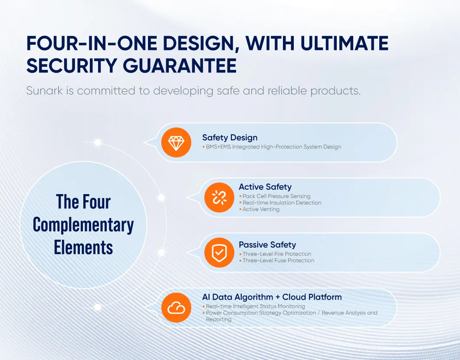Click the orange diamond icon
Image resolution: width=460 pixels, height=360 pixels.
(176, 142)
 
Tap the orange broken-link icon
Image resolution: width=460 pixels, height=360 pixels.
(219, 198)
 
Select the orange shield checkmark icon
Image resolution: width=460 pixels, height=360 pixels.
(219, 252)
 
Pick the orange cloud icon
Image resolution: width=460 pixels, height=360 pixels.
(176, 307)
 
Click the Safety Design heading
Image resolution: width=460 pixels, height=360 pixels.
(230, 138)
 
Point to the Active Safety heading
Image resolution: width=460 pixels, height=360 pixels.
(265, 187)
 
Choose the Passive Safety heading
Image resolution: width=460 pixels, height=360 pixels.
(267, 245)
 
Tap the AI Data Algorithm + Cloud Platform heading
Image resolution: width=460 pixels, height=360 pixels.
(272, 297)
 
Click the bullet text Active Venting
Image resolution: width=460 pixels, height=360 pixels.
(261, 209)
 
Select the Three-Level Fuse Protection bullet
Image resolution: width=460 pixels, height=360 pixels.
(278, 261)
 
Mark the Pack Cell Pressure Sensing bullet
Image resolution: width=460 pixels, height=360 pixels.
(276, 196)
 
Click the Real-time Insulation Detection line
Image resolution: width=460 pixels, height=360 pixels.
(282, 203)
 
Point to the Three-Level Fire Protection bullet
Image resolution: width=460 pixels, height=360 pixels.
(277, 254)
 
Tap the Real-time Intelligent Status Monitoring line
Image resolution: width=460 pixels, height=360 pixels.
(255, 306)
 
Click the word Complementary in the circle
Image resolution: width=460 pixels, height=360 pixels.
(83, 225)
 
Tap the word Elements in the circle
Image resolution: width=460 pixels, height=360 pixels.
(83, 248)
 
